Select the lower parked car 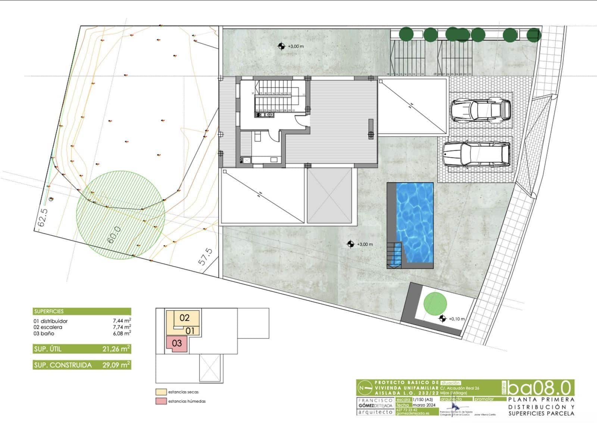coord(476,154)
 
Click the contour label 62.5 coord(42,218)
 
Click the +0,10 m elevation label coord(457,319)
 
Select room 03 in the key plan coord(177,343)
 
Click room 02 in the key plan coord(184,318)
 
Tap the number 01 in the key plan coord(190,331)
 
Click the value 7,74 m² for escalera coord(122,327)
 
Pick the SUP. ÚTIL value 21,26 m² coord(116,349)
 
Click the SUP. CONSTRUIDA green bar coord(82,365)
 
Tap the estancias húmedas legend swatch coord(161,401)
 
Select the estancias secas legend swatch coord(161,392)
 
